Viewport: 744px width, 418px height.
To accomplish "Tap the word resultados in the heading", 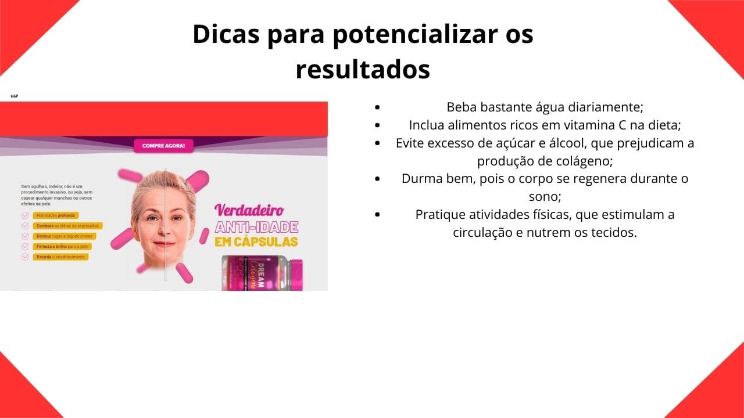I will pyautogui.click(x=363, y=69).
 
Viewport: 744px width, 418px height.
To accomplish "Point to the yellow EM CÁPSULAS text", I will pyautogui.click(x=256, y=242).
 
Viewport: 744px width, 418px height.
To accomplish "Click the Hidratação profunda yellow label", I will pyautogui.click(x=56, y=215).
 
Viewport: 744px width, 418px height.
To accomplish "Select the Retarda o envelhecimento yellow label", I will pyautogui.click(x=60, y=257).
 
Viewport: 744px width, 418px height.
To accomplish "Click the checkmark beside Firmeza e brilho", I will pyautogui.click(x=25, y=246).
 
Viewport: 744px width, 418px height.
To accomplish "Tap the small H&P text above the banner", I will pyautogui.click(x=14, y=96).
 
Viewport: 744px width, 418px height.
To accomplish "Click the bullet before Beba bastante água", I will pyautogui.click(x=378, y=107).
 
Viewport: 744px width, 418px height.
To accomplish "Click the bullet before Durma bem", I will pyautogui.click(x=378, y=179).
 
